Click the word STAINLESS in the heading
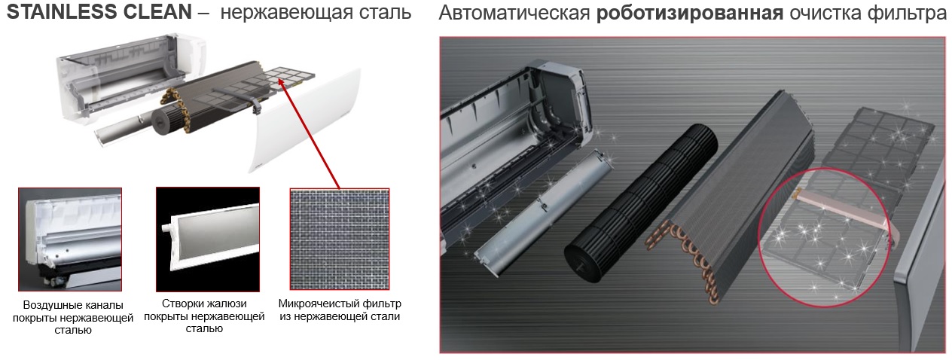(64, 11)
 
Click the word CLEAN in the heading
(157, 11)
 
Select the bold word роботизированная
(690, 13)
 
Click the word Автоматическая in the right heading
(514, 13)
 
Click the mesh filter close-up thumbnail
(340, 239)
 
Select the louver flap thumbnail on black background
(208, 239)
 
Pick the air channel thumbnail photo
(70, 239)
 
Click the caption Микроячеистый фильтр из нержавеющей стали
(340, 310)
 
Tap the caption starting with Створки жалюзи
(204, 316)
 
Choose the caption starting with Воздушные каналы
(72, 317)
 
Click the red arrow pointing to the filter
(310, 134)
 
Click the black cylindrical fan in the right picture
(640, 204)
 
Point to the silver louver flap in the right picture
(543, 213)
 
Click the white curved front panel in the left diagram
(307, 121)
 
